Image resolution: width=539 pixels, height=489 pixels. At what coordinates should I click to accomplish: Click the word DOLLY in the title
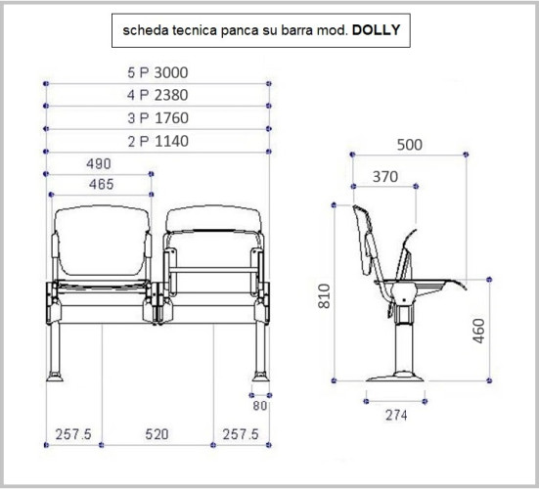coord(376,30)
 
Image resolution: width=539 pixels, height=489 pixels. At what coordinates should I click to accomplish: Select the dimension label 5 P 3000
coord(157,72)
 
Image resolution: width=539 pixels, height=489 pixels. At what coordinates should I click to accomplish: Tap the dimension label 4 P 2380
coord(157,95)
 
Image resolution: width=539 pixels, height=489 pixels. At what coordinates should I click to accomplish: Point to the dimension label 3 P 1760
coord(157,118)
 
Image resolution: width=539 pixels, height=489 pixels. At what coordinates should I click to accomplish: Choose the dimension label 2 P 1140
coord(158,141)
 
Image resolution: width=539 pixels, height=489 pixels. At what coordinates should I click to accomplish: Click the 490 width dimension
coord(99,163)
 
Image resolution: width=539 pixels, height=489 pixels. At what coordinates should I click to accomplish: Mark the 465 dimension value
coord(101,184)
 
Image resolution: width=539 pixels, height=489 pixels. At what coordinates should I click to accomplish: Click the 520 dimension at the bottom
coord(157,434)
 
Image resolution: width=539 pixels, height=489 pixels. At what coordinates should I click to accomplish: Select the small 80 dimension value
coord(260,406)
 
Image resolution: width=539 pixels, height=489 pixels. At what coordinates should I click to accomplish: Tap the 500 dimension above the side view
coord(410,145)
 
